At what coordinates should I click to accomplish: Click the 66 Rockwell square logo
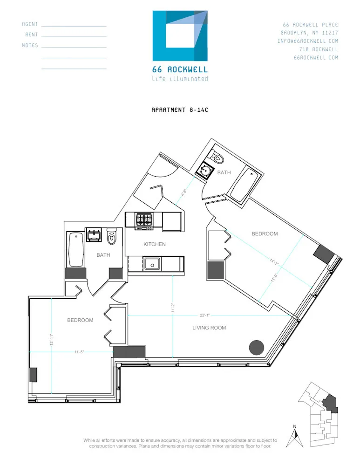(180, 36)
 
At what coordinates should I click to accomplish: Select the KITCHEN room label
(154, 244)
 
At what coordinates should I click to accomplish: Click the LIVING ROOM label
(209, 328)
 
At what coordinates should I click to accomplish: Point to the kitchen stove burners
(144, 219)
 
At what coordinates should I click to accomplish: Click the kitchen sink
(152, 264)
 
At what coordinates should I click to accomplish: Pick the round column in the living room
(257, 347)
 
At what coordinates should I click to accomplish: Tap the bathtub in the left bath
(75, 249)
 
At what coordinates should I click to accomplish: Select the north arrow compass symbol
(294, 435)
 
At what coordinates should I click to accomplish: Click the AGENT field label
(30, 24)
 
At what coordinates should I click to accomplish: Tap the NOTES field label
(30, 46)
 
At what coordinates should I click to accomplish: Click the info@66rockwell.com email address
(307, 41)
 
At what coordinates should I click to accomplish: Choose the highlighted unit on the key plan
(330, 402)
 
